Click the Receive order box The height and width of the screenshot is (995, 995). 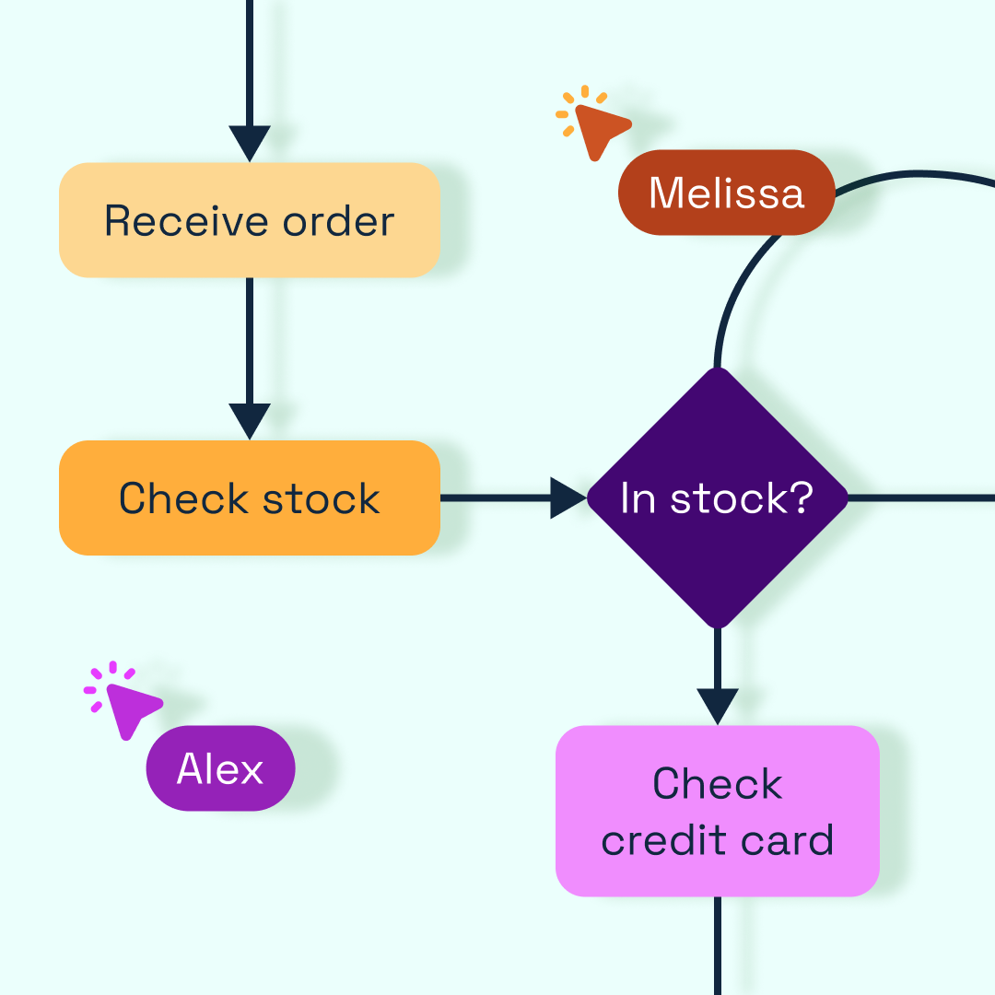pyautogui.click(x=249, y=221)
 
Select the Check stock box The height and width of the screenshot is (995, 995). pyautogui.click(x=249, y=498)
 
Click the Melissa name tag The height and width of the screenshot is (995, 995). pyautogui.click(x=726, y=193)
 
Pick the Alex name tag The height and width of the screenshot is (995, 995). pyautogui.click(x=220, y=768)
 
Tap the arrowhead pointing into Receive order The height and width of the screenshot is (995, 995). pyautogui.click(x=249, y=143)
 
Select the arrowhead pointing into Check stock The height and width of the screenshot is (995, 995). pyautogui.click(x=249, y=421)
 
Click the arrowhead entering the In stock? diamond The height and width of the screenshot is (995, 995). pyautogui.click(x=567, y=498)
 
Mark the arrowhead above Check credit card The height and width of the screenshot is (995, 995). pyautogui.click(x=717, y=706)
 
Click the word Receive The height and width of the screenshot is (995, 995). pyautogui.click(x=185, y=221)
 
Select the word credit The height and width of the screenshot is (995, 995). pyautogui.click(x=653, y=841)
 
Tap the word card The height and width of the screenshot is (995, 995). pyautogui.click(x=789, y=841)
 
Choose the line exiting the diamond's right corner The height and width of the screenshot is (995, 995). pyautogui.click(x=921, y=498)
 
